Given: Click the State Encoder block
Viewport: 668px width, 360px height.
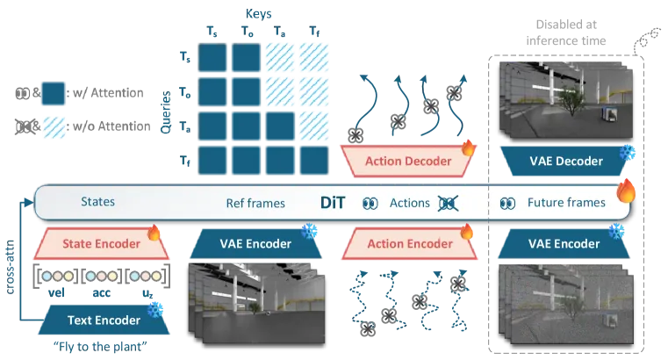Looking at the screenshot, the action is click(x=101, y=243).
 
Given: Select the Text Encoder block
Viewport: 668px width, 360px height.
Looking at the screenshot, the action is click(x=104, y=320).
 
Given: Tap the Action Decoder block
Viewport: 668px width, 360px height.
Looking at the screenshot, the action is click(x=407, y=161).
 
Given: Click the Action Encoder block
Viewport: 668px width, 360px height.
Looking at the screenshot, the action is click(x=409, y=243).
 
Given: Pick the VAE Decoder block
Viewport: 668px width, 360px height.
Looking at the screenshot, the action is click(x=566, y=161).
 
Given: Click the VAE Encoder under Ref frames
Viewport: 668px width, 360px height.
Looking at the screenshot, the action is click(x=255, y=243).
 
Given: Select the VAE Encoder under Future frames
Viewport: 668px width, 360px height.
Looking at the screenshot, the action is click(x=564, y=243).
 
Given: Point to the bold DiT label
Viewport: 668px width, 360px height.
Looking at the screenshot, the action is click(x=333, y=202).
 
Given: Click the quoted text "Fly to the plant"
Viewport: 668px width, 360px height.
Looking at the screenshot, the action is click(x=100, y=346).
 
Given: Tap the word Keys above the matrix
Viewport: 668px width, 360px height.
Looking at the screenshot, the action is click(x=258, y=14).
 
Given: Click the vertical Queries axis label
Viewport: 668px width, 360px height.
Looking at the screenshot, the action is click(x=165, y=112).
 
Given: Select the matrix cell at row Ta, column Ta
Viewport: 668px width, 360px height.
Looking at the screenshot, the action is click(x=280, y=126).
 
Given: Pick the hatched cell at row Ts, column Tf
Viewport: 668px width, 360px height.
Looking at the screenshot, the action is click(x=314, y=57).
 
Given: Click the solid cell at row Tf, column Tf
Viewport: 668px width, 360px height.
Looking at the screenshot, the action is click(x=314, y=161).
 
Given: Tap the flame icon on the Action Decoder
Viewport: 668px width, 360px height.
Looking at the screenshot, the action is click(x=468, y=148).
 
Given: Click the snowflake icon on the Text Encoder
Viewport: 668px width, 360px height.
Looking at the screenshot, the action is click(x=155, y=309).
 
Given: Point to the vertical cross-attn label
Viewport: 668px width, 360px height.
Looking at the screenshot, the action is click(x=10, y=267).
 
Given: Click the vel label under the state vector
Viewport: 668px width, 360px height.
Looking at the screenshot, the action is click(x=56, y=292).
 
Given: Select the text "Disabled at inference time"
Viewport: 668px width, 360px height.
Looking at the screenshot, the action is click(x=566, y=32).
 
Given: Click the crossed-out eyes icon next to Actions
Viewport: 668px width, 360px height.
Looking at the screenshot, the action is click(x=449, y=203).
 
